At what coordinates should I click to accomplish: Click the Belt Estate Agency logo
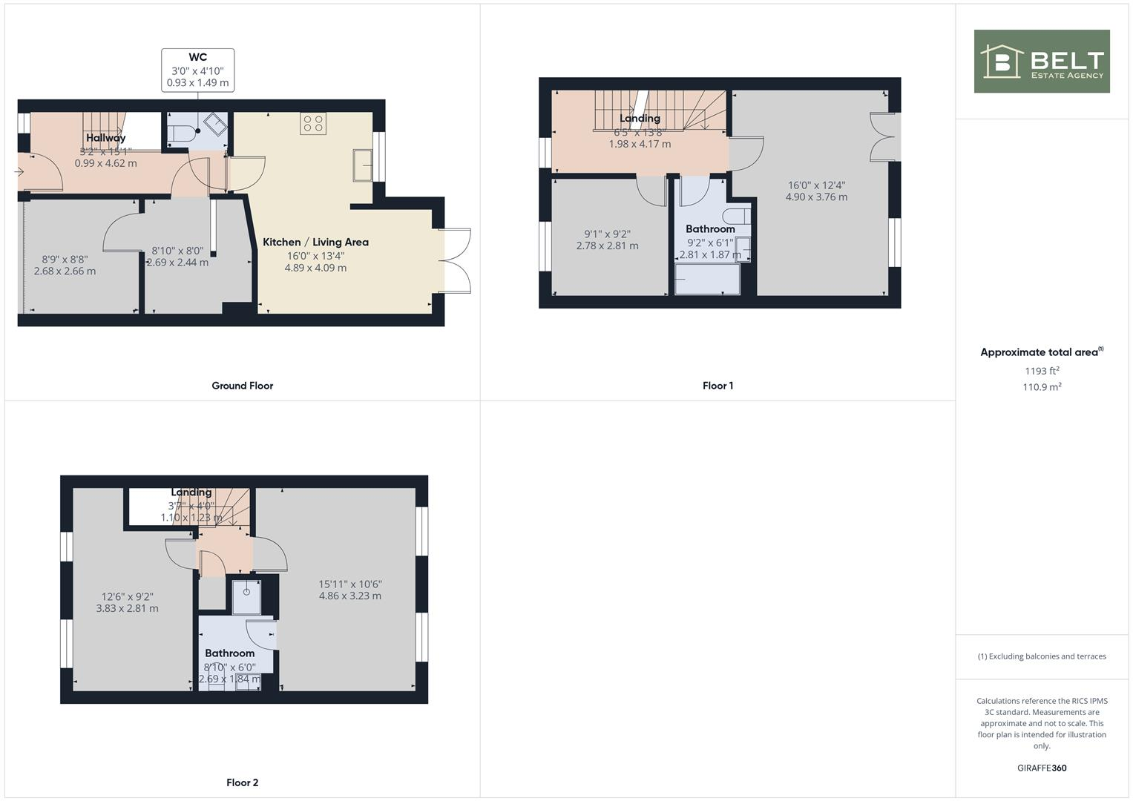(x=1041, y=62)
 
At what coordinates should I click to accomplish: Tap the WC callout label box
(x=197, y=70)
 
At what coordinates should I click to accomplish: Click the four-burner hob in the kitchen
(x=313, y=123)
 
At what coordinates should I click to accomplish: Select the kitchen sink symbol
(x=364, y=165)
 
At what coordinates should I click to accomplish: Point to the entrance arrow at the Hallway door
(x=19, y=172)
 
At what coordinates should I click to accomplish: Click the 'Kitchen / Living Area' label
(x=315, y=242)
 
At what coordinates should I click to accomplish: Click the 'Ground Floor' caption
(x=242, y=386)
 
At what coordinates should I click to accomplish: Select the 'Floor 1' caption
(x=717, y=386)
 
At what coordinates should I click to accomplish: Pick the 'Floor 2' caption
(x=242, y=782)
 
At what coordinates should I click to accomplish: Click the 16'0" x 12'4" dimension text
(x=816, y=185)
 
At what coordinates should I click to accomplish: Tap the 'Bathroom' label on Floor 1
(x=710, y=229)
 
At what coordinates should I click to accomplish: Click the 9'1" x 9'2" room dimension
(x=607, y=234)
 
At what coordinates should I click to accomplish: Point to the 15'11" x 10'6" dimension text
(x=350, y=584)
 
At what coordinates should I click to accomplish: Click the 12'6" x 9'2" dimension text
(x=127, y=596)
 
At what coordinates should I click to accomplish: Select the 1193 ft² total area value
(x=1042, y=371)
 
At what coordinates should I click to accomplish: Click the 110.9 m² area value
(x=1042, y=387)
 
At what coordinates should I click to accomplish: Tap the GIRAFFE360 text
(x=1042, y=768)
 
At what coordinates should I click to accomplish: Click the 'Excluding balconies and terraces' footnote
(x=1042, y=656)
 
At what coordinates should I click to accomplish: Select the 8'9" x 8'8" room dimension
(x=65, y=260)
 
